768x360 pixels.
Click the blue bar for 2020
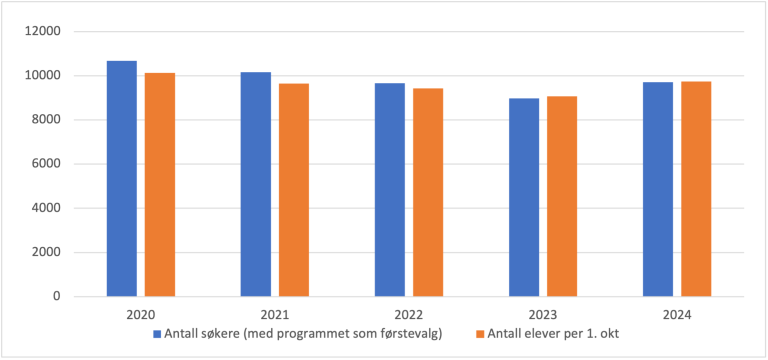pyautogui.click(x=122, y=179)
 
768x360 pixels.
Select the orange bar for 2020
pyautogui.click(x=160, y=185)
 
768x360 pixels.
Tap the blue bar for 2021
pyautogui.click(x=256, y=184)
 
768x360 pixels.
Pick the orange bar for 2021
pyautogui.click(x=294, y=190)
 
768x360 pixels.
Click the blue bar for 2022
pyautogui.click(x=390, y=190)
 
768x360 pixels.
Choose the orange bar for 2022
pyautogui.click(x=428, y=192)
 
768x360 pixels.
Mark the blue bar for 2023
pyautogui.click(x=524, y=197)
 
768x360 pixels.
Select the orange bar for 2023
pyautogui.click(x=562, y=196)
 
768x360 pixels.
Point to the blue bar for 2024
pyautogui.click(x=658, y=189)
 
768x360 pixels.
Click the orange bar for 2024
pyautogui.click(x=696, y=189)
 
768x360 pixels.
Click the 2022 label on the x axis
pyautogui.click(x=409, y=315)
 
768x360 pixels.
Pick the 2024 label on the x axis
pyautogui.click(x=677, y=315)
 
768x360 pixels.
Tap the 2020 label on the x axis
pyautogui.click(x=141, y=315)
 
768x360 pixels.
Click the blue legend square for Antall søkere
pyautogui.click(x=156, y=333)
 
